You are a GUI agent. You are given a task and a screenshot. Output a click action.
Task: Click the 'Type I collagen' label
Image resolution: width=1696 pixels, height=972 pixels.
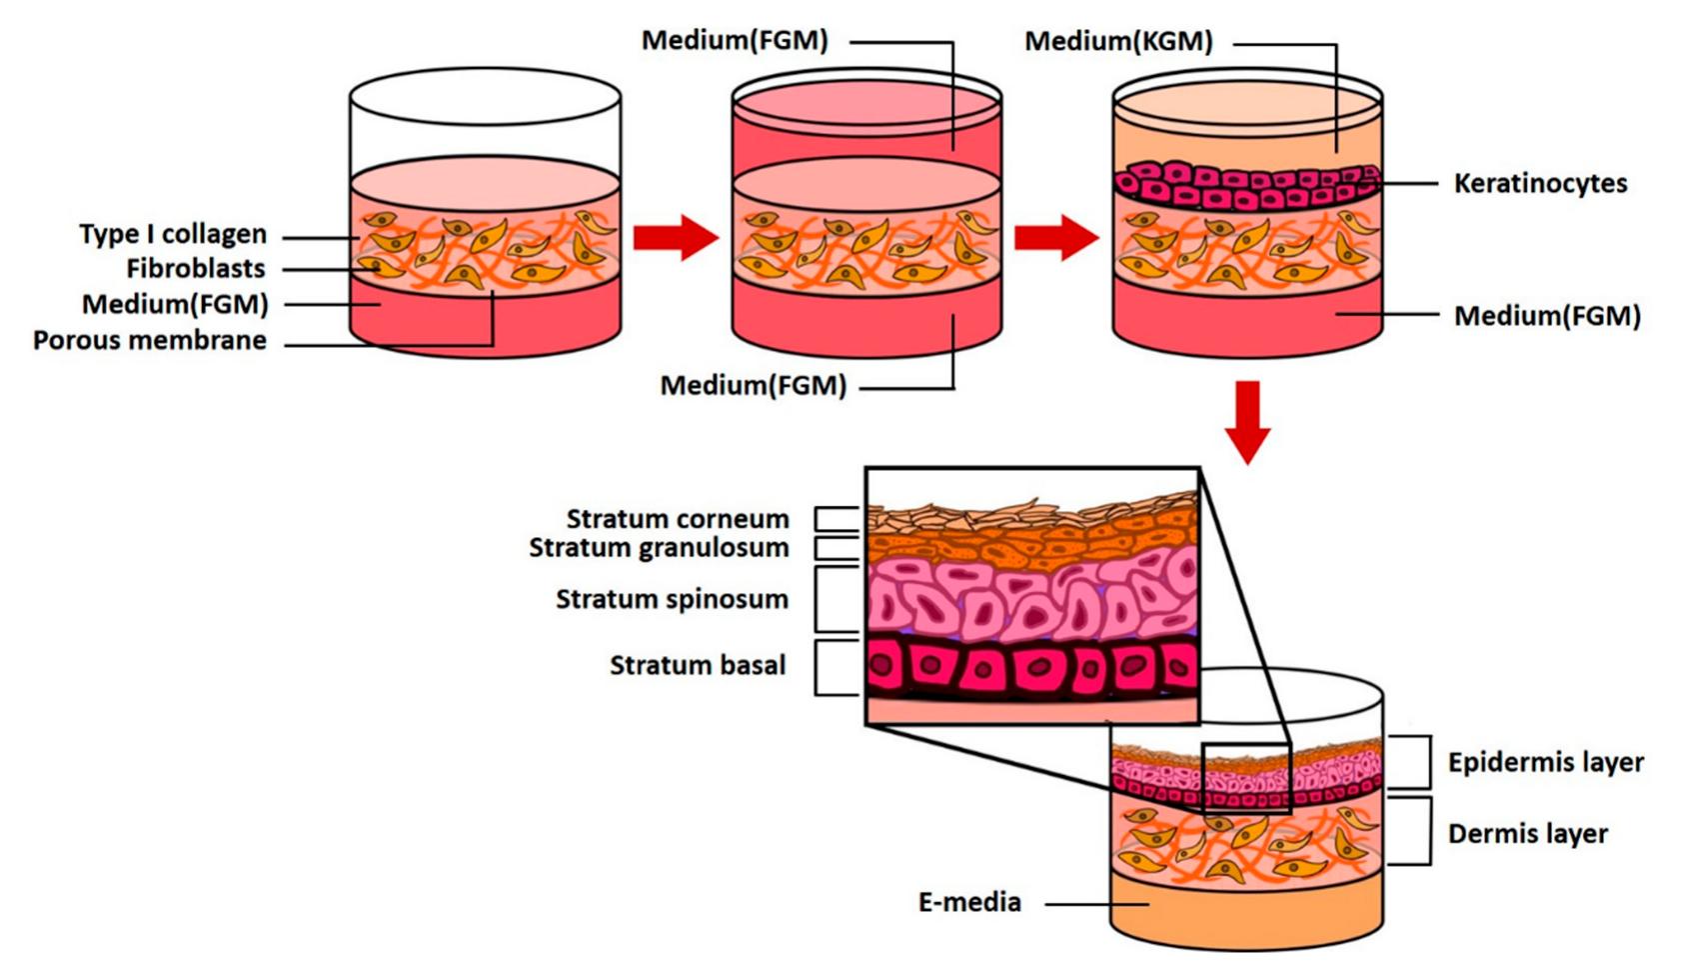click(173, 234)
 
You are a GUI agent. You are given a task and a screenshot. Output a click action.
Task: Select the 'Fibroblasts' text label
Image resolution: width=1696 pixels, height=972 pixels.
click(196, 268)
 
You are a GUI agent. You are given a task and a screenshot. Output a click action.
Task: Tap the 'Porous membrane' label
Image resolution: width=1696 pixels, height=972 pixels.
click(150, 340)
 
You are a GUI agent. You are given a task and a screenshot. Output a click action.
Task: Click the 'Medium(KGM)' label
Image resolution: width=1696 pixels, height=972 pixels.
click(1118, 41)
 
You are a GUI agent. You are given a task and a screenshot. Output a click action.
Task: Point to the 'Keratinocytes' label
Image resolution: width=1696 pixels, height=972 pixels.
click(1540, 183)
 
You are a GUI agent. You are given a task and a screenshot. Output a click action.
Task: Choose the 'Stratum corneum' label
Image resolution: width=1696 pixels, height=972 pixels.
click(678, 519)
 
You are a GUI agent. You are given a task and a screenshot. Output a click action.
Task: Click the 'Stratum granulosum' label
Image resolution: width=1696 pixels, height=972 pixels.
click(659, 548)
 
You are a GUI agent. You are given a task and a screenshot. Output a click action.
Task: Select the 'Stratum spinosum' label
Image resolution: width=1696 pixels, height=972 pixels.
click(672, 599)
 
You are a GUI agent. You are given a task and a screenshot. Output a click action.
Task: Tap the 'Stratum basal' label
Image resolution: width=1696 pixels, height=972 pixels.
click(698, 665)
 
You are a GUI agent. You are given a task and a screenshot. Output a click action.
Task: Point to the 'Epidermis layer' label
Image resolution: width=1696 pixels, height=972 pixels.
click(1545, 762)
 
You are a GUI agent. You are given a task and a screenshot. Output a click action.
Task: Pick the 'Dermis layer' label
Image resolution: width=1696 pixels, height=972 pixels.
click(1527, 833)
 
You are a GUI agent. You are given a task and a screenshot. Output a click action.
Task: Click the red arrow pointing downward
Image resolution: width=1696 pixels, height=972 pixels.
click(1247, 421)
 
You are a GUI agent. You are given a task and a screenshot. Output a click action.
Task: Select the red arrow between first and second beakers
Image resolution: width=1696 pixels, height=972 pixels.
click(676, 237)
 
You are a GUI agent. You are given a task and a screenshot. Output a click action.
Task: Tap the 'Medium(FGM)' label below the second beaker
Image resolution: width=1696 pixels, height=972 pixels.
click(753, 385)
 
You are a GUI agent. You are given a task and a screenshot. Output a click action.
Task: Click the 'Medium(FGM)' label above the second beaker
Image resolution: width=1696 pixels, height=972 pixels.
click(735, 41)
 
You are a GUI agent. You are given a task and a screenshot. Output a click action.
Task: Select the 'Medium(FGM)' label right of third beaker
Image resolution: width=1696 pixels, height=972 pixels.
click(1547, 316)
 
